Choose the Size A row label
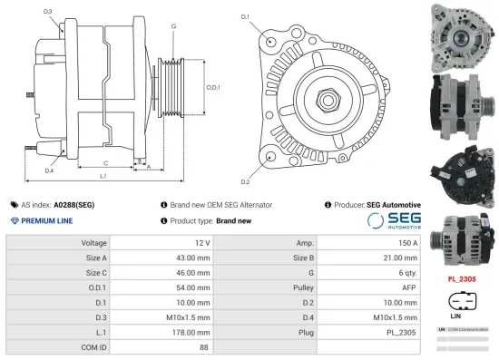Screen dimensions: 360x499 click(96, 258)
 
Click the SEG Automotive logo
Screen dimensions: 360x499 click(395, 221)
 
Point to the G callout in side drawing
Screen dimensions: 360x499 click(172, 27)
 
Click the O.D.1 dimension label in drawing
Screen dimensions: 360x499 click(211, 87)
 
